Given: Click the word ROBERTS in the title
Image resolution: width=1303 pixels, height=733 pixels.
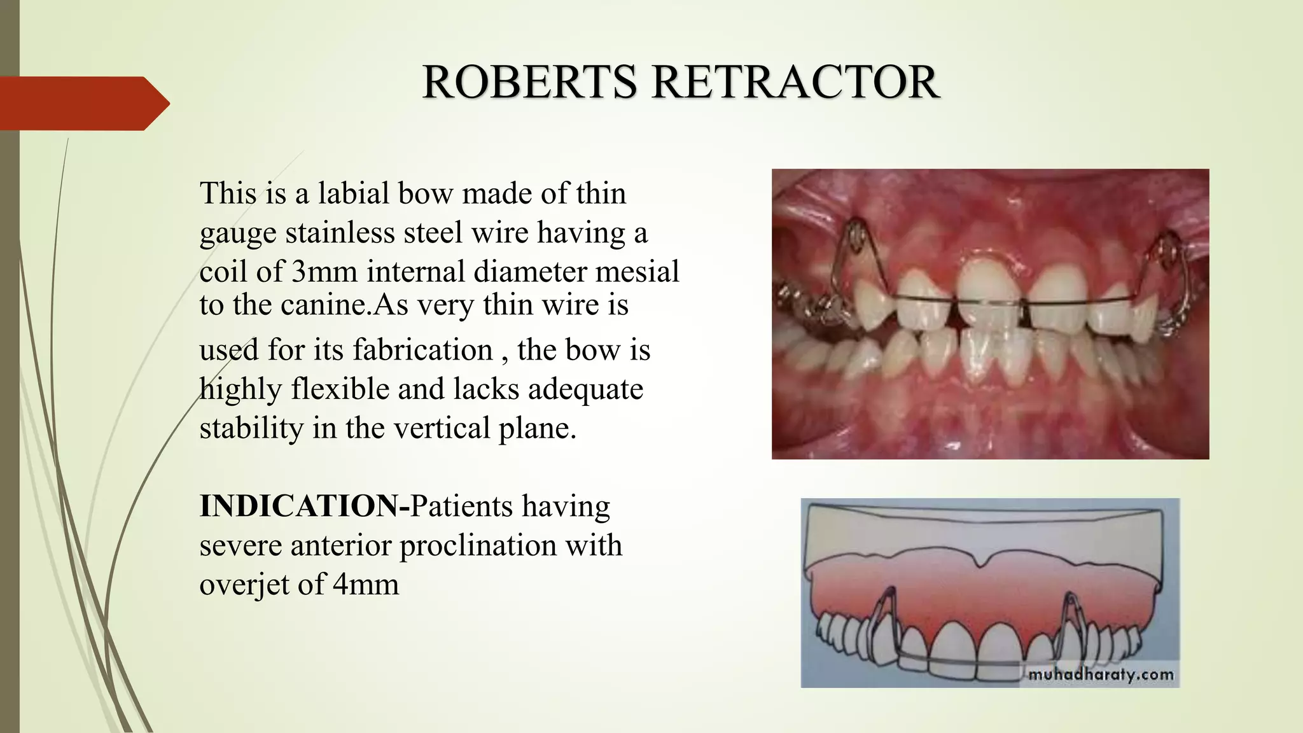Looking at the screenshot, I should coord(529,83).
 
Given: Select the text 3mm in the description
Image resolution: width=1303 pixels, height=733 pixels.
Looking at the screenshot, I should coord(324,272).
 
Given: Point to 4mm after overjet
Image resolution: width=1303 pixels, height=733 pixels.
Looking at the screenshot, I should coord(366,584).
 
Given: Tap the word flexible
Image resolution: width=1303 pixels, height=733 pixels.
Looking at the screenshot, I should coord(340,389).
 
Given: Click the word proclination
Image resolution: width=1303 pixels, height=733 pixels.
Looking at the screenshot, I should coord(487,545).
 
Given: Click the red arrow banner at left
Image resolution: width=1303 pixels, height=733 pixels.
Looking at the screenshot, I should coord(83,103).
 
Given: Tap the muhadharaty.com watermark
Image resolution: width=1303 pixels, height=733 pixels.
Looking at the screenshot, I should coord(1100,674).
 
